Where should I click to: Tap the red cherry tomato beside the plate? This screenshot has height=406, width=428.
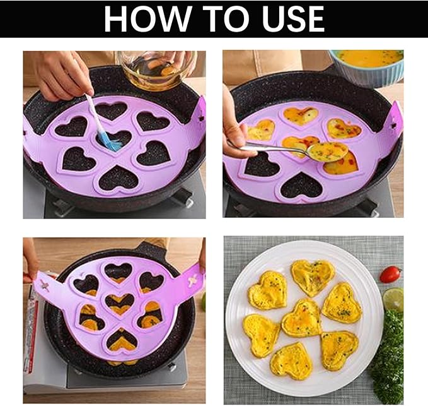coord(390,274)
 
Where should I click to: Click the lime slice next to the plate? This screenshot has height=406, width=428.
coord(393,299)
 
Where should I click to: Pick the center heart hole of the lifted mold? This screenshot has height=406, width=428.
coord(120,303)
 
